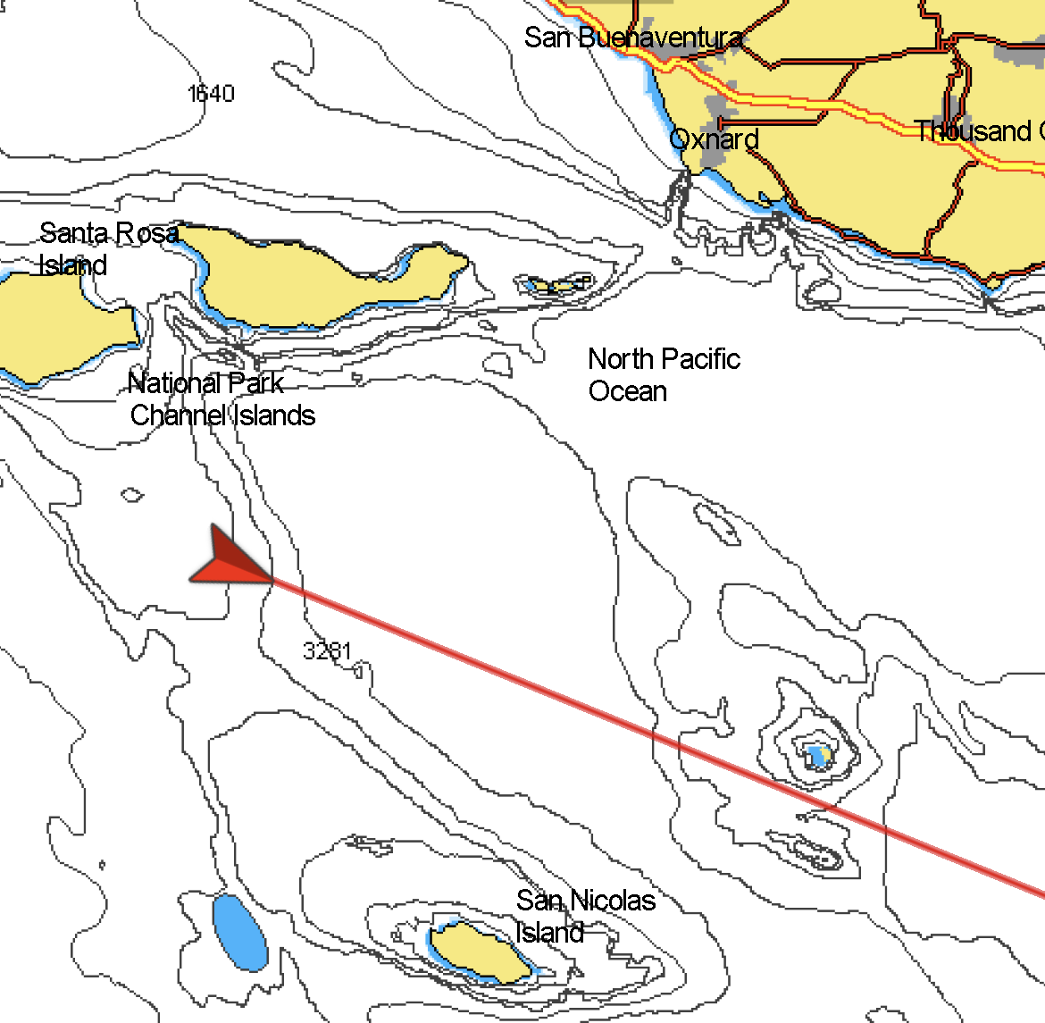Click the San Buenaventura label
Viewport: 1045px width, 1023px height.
pyautogui.click(x=632, y=38)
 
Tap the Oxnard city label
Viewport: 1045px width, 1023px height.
pyautogui.click(x=714, y=139)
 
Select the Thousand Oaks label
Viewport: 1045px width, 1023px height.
pyautogui.click(x=977, y=131)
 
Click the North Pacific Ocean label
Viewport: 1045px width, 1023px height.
pyautogui.click(x=663, y=374)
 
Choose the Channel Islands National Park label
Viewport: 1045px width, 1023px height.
pyautogui.click(x=222, y=399)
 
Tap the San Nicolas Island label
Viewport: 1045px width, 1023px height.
pyautogui.click(x=585, y=915)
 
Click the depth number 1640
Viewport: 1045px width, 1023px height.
pyautogui.click(x=211, y=94)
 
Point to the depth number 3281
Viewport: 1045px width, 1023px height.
pyautogui.click(x=327, y=650)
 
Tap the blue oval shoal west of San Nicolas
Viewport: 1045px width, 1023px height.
pyautogui.click(x=239, y=932)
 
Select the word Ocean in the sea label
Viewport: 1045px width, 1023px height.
pyautogui.click(x=627, y=391)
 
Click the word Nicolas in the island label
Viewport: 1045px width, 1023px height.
pyautogui.click(x=613, y=901)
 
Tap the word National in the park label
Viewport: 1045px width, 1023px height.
pyautogui.click(x=175, y=383)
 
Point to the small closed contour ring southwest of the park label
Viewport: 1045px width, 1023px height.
pyautogui.click(x=132, y=494)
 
